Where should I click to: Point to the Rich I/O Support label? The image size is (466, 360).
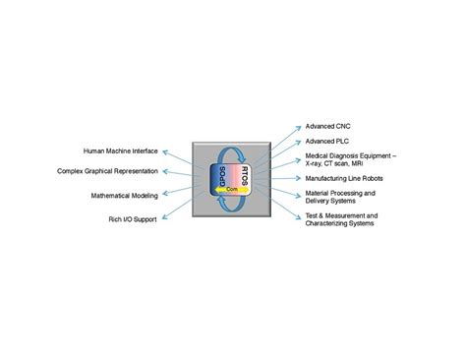pyautogui.click(x=130, y=217)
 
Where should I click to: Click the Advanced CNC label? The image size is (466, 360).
pyautogui.click(x=326, y=127)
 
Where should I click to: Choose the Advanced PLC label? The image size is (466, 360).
pyautogui.click(x=326, y=142)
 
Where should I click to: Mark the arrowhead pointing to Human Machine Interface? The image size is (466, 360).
pyautogui.click(x=165, y=151)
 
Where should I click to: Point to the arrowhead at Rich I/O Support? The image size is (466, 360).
pyautogui.click(x=163, y=216)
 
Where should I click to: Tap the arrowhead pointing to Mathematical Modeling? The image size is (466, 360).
pyautogui.click(x=164, y=195)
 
